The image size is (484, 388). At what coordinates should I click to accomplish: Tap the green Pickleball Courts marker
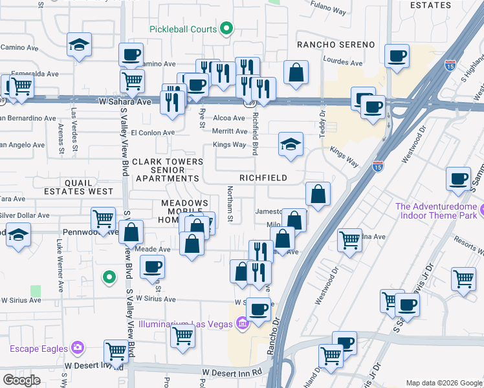click(226, 28)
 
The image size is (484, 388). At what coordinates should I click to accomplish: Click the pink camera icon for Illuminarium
click(242, 323)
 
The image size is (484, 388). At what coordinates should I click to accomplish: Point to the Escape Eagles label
click(39, 349)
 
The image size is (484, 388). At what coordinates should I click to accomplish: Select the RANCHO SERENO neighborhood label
click(336, 44)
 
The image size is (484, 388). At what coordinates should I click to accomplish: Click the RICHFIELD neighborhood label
click(263, 177)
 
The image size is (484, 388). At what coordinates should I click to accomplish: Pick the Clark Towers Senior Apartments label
click(165, 169)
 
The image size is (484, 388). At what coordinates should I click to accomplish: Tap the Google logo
click(21, 380)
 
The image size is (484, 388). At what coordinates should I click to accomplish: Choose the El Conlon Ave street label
click(153, 133)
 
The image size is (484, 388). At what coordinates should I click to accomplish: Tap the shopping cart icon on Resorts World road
click(464, 279)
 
